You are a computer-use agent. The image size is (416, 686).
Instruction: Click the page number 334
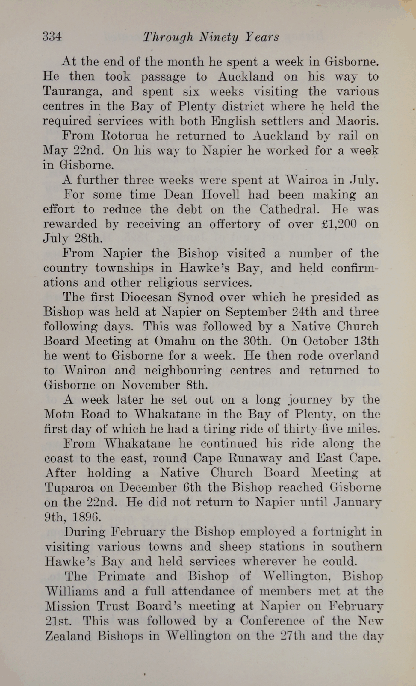click(x=52, y=37)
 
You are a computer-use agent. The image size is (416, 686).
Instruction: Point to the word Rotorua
click(x=125, y=136)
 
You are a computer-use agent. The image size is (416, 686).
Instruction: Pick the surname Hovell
click(x=220, y=195)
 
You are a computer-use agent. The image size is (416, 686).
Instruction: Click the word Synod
click(x=196, y=297)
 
